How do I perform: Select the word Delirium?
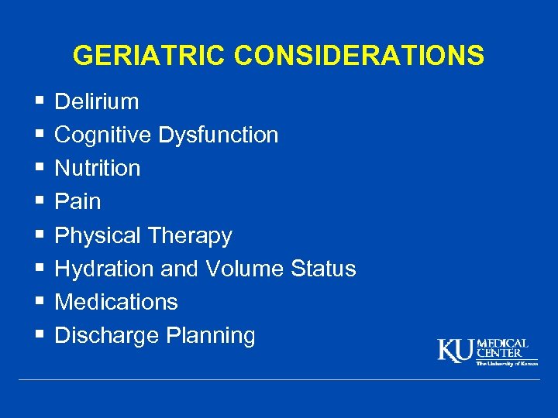click(97, 101)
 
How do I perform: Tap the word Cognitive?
click(103, 135)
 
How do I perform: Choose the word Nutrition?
click(98, 168)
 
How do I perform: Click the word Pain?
click(77, 201)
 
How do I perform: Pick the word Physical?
click(98, 235)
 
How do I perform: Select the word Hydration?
click(105, 269)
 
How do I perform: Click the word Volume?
click(245, 269)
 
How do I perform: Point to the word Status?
click(323, 269)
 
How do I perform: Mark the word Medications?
click(116, 302)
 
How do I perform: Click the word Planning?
click(209, 336)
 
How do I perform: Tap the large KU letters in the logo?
click(455, 351)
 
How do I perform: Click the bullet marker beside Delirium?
click(39, 101)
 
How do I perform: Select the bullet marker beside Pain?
click(39, 201)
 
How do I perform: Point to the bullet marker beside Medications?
click(39, 302)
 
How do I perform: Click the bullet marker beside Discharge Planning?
click(39, 335)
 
